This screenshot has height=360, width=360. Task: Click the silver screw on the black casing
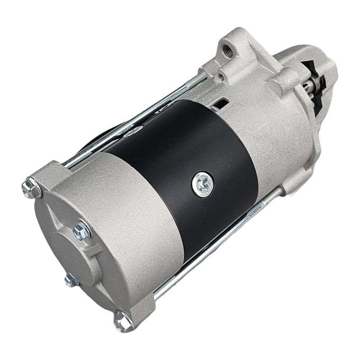(203, 183)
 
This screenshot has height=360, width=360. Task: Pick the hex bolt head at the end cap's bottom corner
(122, 319)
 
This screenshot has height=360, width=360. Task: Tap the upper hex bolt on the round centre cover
(82, 229)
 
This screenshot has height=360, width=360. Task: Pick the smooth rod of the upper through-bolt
(132, 122)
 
